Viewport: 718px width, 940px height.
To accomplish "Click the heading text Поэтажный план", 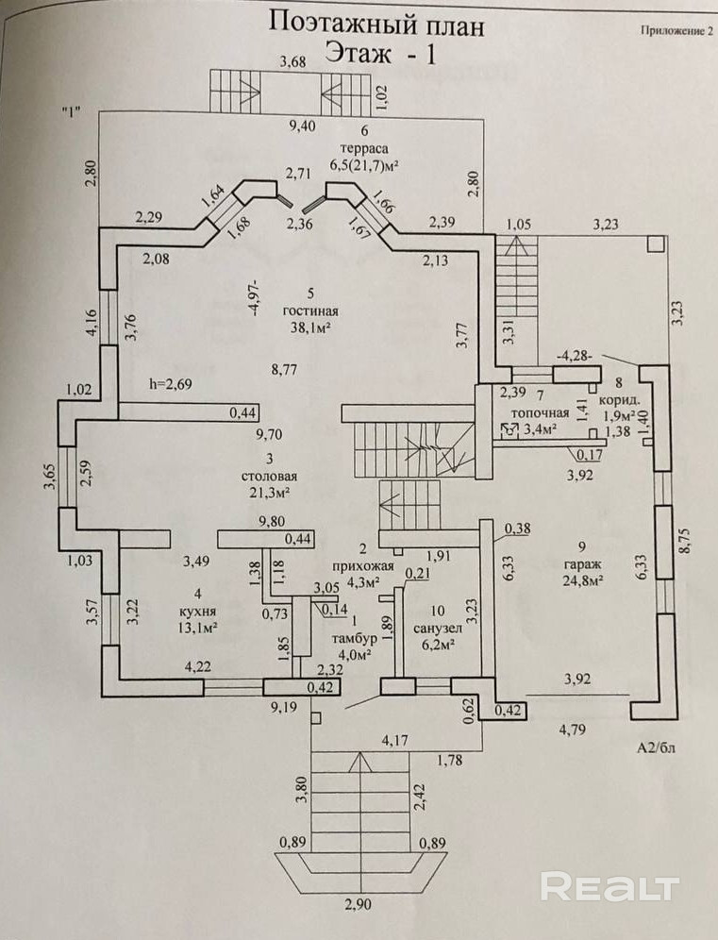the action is coord(376,25).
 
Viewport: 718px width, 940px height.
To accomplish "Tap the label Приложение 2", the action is coord(676,30).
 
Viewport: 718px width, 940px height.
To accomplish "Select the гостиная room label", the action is coord(310,311).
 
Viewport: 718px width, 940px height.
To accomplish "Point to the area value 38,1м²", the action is coord(310,327).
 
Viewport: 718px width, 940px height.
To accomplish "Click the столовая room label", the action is coord(269,477).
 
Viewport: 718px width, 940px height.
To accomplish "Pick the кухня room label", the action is coord(198,612).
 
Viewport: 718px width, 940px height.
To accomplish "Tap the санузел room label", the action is coord(438,629).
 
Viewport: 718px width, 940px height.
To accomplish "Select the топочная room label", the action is coord(540,413).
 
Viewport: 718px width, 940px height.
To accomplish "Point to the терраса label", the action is coord(364,148).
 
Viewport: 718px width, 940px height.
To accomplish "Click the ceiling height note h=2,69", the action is coord(170,384).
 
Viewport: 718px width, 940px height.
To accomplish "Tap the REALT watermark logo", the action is coord(609,886).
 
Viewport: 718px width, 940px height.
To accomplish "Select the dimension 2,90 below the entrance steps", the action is coord(358,904).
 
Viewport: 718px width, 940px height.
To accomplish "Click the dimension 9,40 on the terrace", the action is coord(302,126).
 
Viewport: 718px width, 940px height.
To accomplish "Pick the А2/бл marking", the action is coord(657,747).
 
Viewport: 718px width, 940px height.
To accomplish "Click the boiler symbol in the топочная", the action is coord(510,429).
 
